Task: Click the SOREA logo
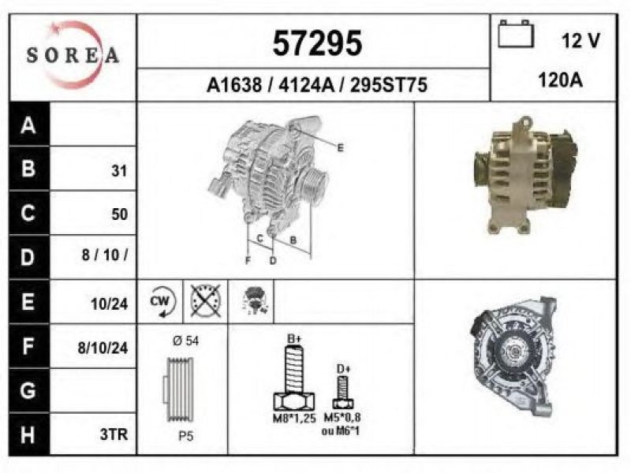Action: [73, 55]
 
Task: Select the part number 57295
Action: [317, 43]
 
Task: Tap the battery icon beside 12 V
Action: [516, 34]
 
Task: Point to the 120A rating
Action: [560, 80]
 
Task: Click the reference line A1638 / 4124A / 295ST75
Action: [317, 85]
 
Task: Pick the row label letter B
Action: [28, 168]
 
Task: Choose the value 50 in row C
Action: [120, 214]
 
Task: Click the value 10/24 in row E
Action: [109, 304]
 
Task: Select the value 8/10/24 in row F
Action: [103, 348]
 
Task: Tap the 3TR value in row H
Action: [114, 434]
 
